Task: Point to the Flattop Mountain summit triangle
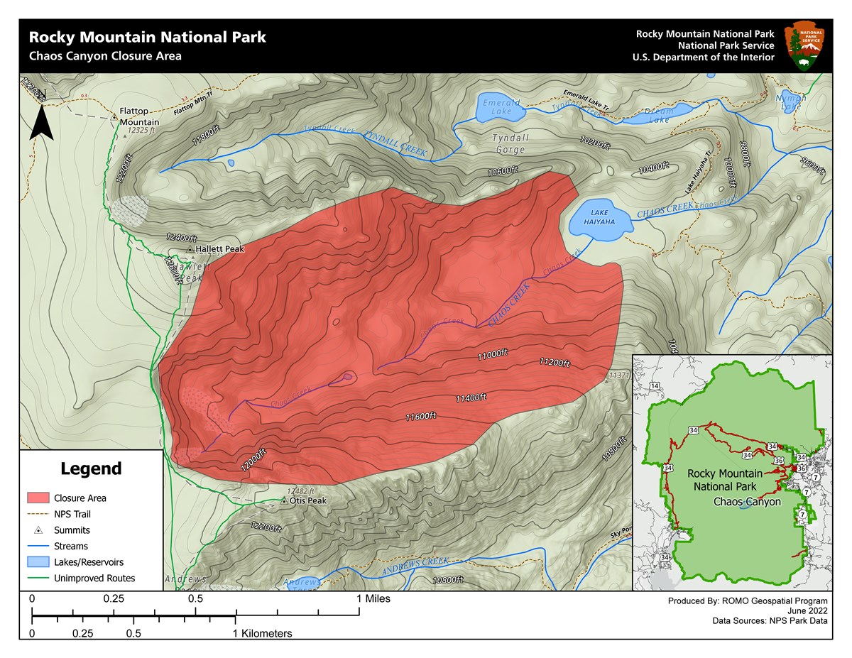(x=114, y=116)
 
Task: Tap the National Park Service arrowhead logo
(x=803, y=45)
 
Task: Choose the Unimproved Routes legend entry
(x=94, y=579)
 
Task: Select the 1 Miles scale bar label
(x=373, y=600)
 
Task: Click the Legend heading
(x=91, y=469)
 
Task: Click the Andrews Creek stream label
(x=415, y=566)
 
